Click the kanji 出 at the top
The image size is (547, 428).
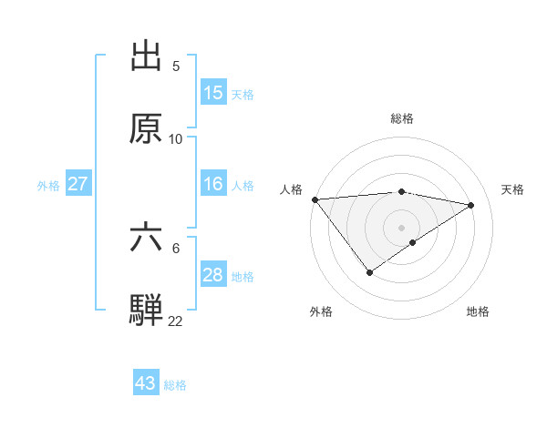pyautogui.click(x=147, y=57)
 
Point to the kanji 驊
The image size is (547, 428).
pyautogui.click(x=147, y=309)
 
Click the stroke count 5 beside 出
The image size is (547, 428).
pyautogui.click(x=176, y=66)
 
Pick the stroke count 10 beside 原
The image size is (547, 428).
pyautogui.click(x=176, y=138)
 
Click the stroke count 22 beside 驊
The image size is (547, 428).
pyautogui.click(x=176, y=321)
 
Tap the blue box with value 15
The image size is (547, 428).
pyautogui.click(x=213, y=93)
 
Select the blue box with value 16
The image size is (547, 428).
pyautogui.click(x=213, y=184)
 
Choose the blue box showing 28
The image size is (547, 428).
pyautogui.click(x=213, y=275)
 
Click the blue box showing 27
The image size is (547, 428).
pyautogui.click(x=78, y=184)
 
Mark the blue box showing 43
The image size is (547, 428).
pyautogui.click(x=146, y=383)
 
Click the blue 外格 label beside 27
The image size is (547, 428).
pyautogui.click(x=48, y=185)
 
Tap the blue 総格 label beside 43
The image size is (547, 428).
pyautogui.click(x=175, y=385)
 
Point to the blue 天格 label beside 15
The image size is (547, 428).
pyautogui.click(x=243, y=94)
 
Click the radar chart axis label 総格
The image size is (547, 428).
pyautogui.click(x=402, y=118)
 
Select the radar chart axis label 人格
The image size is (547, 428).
pyautogui.click(x=292, y=189)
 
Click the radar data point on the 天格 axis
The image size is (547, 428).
pyautogui.click(x=471, y=205)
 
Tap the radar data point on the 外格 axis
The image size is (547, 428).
pyautogui.click(x=370, y=272)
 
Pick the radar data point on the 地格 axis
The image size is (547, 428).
pyautogui.click(x=413, y=242)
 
